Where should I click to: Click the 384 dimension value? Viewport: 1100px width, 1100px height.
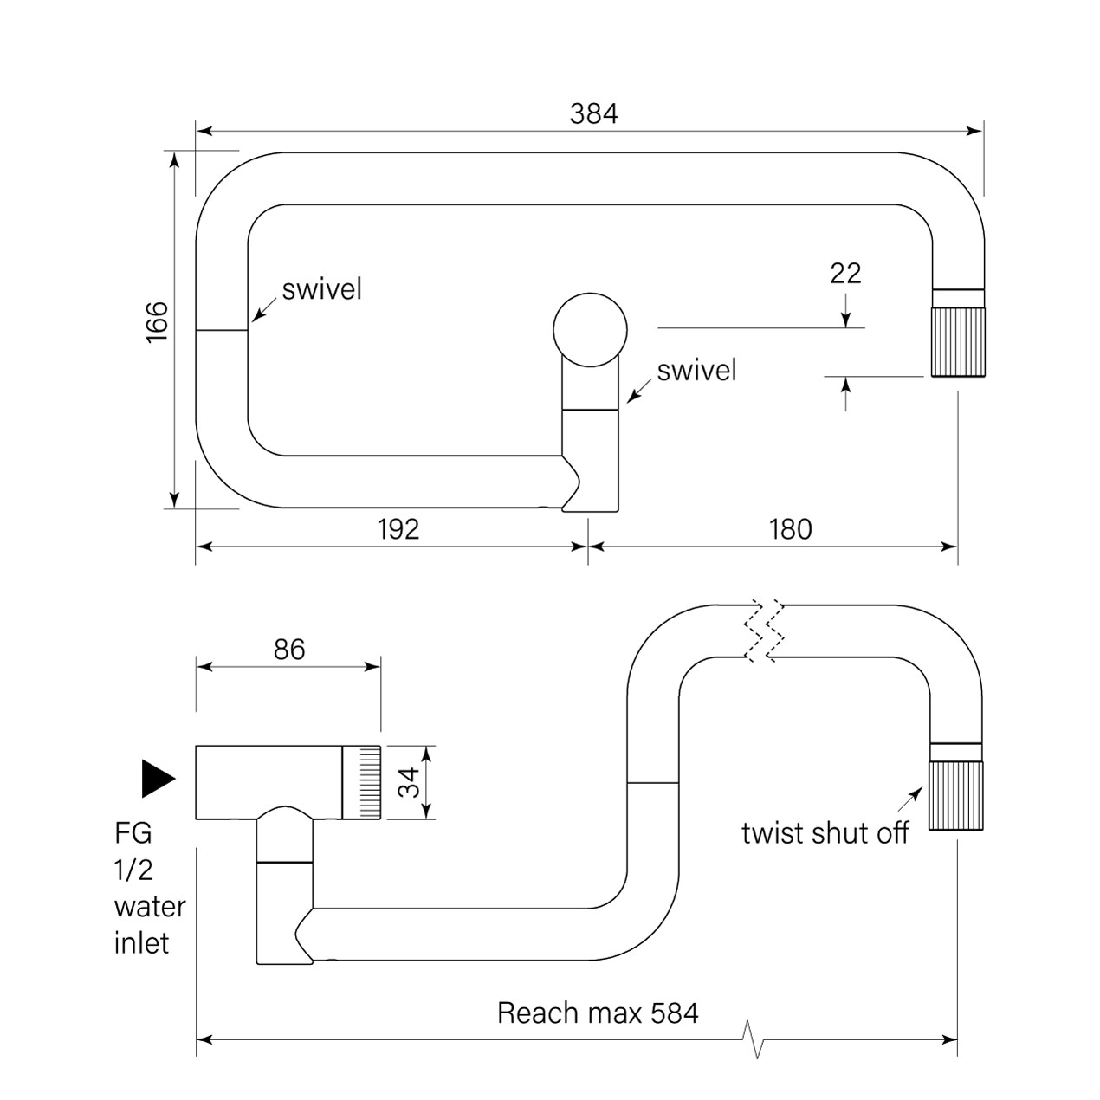(x=593, y=113)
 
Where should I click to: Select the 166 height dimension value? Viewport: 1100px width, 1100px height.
(x=157, y=322)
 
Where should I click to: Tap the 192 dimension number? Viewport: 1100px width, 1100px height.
(x=398, y=529)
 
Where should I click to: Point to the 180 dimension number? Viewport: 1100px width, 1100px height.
(x=790, y=529)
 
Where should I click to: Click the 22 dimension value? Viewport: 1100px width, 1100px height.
(x=845, y=274)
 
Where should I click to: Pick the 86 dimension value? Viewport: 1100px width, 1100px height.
(x=289, y=650)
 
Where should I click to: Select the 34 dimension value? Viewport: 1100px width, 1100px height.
(x=411, y=781)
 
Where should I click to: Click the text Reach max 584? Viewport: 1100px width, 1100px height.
(x=598, y=1013)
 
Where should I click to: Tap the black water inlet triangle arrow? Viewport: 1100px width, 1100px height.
(x=158, y=778)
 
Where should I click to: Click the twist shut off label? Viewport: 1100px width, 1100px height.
(x=825, y=833)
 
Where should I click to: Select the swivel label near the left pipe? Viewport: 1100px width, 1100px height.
(x=321, y=289)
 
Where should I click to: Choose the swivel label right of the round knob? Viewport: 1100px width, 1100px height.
(x=696, y=371)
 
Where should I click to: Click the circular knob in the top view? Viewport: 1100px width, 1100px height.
(x=590, y=330)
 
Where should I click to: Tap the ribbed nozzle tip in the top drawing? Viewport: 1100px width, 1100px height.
(x=958, y=342)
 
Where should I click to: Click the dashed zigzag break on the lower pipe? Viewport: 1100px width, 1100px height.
(x=765, y=631)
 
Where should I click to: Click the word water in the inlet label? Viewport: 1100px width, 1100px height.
(x=150, y=907)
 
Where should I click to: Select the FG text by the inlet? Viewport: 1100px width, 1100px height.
(x=133, y=833)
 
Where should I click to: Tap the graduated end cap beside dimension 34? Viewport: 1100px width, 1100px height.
(x=362, y=782)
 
